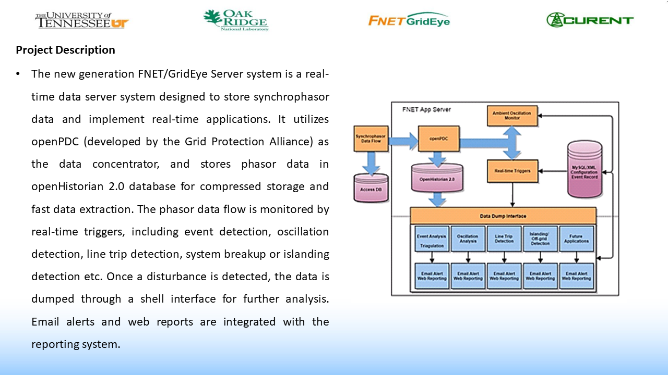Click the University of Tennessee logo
pyautogui.click(x=81, y=20)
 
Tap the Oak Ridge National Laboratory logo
pyautogui.click(x=236, y=20)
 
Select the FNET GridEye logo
pyautogui.click(x=409, y=20)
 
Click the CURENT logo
pyautogui.click(x=590, y=20)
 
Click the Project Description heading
pyautogui.click(x=65, y=50)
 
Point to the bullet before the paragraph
pyautogui.click(x=18, y=74)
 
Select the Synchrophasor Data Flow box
pyautogui.click(x=371, y=139)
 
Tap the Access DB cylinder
pyautogui.click(x=371, y=187)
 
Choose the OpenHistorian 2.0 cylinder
pyautogui.click(x=437, y=178)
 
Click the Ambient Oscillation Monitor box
pyautogui.click(x=512, y=115)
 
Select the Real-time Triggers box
pyautogui.click(x=512, y=171)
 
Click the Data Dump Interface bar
pyautogui.click(x=503, y=216)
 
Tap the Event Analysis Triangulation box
pyautogui.click(x=431, y=239)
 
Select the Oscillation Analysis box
pyautogui.click(x=468, y=239)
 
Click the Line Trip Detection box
pyautogui.click(x=504, y=239)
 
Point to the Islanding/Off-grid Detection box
pyautogui.click(x=540, y=239)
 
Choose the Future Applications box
pyautogui.click(x=577, y=239)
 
